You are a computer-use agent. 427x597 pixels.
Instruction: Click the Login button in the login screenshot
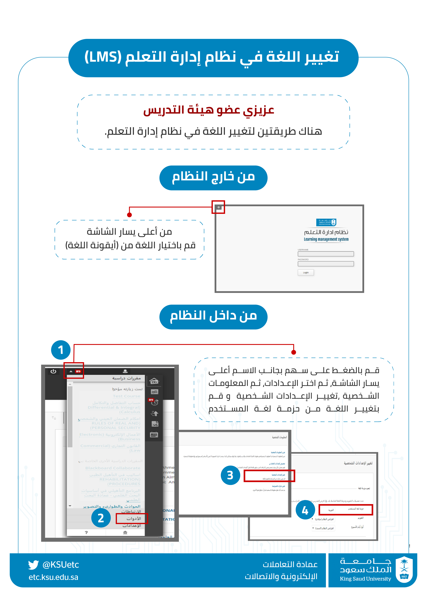pos(305,272)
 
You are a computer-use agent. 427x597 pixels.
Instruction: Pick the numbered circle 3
pos(230,475)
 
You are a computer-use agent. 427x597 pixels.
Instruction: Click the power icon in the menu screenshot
pos(53,371)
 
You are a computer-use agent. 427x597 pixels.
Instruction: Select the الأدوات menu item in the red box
pos(134,519)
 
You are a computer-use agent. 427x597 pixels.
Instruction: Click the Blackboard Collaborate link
pos(113,468)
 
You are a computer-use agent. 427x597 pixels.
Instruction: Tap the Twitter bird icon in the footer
pos(33,565)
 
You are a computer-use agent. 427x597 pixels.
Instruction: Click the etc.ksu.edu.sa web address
pos(53,577)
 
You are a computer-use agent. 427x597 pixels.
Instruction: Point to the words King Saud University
pos(365,579)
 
